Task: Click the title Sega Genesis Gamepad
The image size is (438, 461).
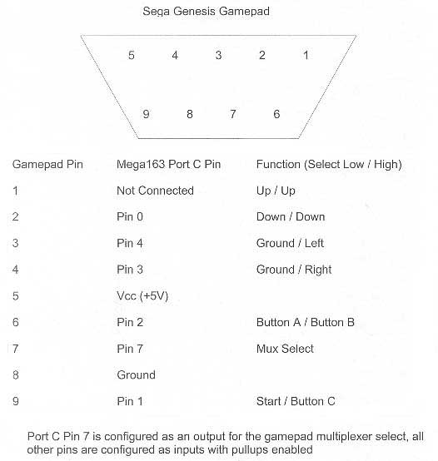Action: pyautogui.click(x=206, y=12)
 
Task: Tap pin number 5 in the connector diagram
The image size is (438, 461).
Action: pyautogui.click(x=132, y=55)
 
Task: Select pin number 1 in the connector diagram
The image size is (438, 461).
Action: pyautogui.click(x=306, y=55)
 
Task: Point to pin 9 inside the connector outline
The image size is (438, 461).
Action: pyautogui.click(x=146, y=114)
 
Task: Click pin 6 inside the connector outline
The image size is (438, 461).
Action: pyautogui.click(x=276, y=114)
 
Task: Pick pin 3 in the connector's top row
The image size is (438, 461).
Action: pyautogui.click(x=218, y=55)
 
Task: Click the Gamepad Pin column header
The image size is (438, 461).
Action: pyautogui.click(x=47, y=164)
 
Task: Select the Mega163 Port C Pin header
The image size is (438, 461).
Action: pyautogui.click(x=168, y=164)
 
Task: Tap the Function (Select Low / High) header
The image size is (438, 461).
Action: pyautogui.click(x=329, y=165)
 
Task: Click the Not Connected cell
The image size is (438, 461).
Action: pyautogui.click(x=155, y=191)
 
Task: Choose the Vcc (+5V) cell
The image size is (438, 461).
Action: pyautogui.click(x=142, y=295)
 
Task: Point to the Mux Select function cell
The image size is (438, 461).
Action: pyautogui.click(x=285, y=349)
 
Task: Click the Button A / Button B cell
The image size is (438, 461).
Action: pyautogui.click(x=306, y=322)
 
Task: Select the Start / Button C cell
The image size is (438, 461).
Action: pyautogui.click(x=296, y=401)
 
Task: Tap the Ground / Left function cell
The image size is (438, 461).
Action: pyautogui.click(x=290, y=243)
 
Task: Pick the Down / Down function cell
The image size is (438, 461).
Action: pyautogui.click(x=291, y=217)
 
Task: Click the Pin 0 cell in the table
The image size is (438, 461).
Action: pyautogui.click(x=130, y=217)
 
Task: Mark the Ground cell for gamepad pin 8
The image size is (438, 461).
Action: pyautogui.click(x=136, y=374)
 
